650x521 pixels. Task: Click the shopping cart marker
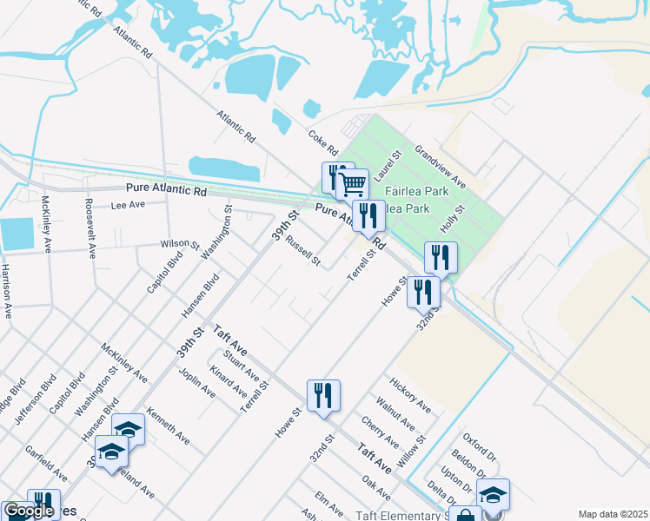tap(352, 184)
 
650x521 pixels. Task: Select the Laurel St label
tap(391, 166)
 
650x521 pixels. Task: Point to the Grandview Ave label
tap(441, 167)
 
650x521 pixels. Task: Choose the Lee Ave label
tap(128, 206)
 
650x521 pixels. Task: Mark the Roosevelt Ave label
tap(90, 228)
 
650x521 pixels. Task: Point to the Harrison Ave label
tap(6, 293)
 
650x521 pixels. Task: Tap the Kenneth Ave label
tap(169, 425)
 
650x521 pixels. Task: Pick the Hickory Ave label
tap(410, 395)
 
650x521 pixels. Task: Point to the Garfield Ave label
tap(46, 465)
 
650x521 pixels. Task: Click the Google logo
tap(28, 511)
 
